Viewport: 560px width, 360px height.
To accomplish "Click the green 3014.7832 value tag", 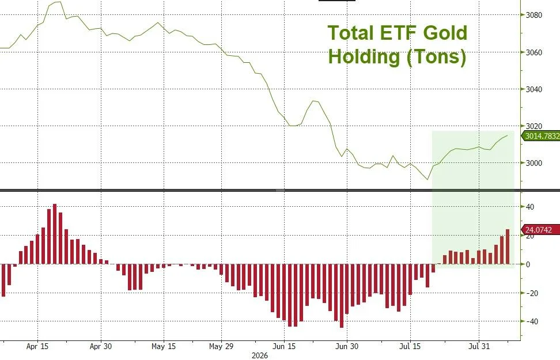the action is click(x=541, y=136).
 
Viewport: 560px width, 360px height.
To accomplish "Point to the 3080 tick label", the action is click(x=534, y=15).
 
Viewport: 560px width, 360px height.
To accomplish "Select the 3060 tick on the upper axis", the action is click(x=534, y=52).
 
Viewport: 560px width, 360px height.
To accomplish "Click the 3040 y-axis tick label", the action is click(x=534, y=89).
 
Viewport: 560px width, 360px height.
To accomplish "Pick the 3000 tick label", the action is click(x=534, y=163).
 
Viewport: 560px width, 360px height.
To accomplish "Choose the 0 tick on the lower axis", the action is click(x=528, y=264).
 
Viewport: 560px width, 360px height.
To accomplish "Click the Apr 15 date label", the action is click(x=37, y=346).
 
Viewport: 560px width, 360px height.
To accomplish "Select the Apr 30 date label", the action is click(x=101, y=346).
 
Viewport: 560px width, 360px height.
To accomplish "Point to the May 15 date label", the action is click(x=164, y=346).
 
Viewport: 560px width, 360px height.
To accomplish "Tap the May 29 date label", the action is click(x=221, y=346).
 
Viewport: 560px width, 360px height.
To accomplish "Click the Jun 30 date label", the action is click(x=347, y=346).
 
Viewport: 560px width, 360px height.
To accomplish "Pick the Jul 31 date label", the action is click(x=479, y=346).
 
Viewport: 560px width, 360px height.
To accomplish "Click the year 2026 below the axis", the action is click(x=260, y=356).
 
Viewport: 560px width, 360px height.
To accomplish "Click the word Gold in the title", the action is click(x=445, y=33).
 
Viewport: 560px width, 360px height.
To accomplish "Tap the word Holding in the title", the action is click(x=364, y=57).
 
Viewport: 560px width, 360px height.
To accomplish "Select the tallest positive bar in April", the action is click(x=55, y=234).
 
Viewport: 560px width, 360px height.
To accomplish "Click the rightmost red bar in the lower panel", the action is click(x=508, y=247).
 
